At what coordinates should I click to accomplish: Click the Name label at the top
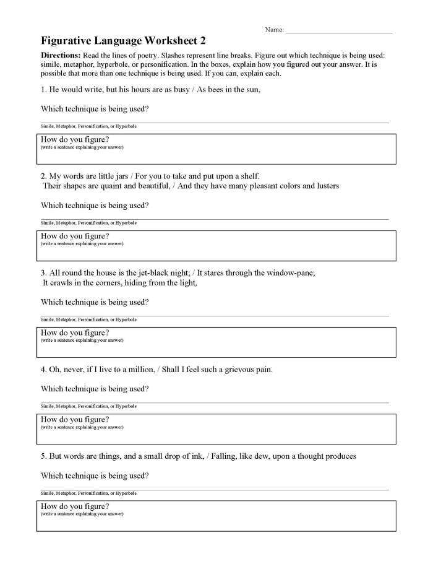pyautogui.click(x=274, y=30)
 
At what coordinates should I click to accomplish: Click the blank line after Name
pyautogui.click(x=338, y=30)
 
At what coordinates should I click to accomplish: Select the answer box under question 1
pyautogui.click(x=216, y=149)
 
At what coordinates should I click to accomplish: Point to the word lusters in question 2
pyautogui.click(x=325, y=186)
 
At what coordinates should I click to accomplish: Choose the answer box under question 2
pyautogui.click(x=216, y=246)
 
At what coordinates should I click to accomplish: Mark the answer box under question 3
pyautogui.click(x=216, y=342)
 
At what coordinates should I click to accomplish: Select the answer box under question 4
pyautogui.click(x=216, y=429)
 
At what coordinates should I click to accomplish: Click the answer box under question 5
pyautogui.click(x=216, y=516)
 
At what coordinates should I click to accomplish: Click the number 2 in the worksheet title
pyautogui.click(x=202, y=41)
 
